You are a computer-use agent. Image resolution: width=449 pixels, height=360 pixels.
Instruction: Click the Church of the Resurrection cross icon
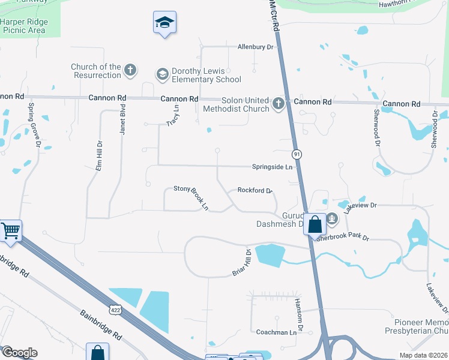(x=130, y=71)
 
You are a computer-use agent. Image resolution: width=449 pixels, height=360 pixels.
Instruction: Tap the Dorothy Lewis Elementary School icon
(x=161, y=74)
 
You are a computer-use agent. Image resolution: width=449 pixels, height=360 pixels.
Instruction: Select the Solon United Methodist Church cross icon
(x=278, y=104)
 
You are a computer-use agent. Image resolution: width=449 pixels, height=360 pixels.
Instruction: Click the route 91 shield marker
(x=297, y=154)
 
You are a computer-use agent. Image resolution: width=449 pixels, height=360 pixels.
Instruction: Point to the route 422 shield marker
(x=115, y=310)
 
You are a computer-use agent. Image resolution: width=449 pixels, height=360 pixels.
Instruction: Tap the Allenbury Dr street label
(x=255, y=46)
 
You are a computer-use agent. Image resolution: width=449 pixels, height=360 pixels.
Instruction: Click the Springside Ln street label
(x=272, y=166)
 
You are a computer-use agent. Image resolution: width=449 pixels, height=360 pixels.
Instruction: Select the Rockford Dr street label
(x=255, y=190)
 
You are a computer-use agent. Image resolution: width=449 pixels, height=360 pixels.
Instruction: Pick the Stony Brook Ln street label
(x=191, y=197)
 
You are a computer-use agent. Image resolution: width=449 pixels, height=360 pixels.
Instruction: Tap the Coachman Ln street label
(x=277, y=332)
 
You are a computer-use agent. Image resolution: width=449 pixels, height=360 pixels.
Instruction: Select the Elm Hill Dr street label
(x=100, y=155)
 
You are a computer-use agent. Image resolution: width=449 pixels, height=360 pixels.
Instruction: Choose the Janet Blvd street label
(x=122, y=119)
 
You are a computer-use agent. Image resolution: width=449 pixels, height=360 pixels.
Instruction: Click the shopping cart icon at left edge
(x=10, y=231)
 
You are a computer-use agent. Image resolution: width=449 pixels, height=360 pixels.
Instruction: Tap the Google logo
(x=19, y=352)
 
